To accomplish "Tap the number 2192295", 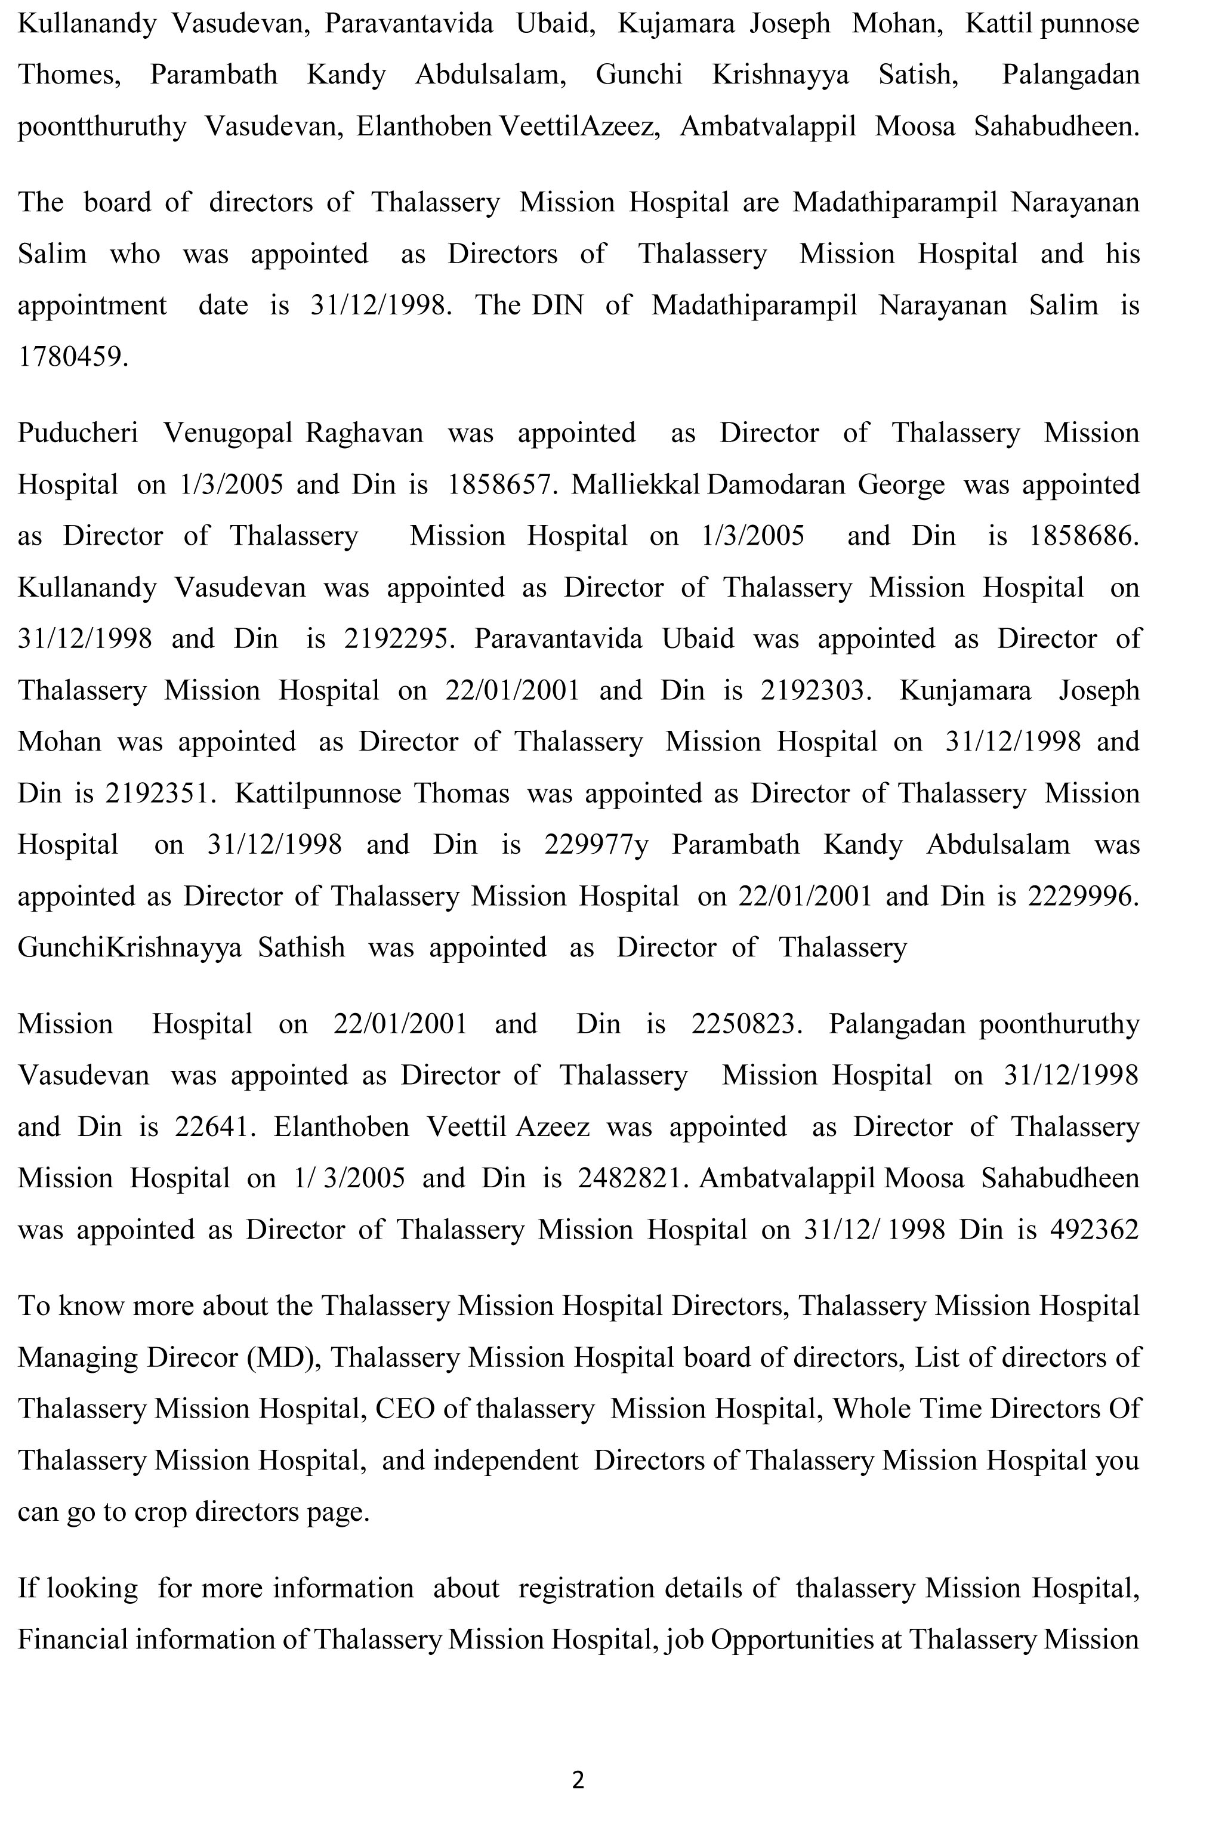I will pos(397,639).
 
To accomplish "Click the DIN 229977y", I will pos(596,845).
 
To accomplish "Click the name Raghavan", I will pos(363,433).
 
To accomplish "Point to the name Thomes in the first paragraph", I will pos(68,75).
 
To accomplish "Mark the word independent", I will pos(505,1460).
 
